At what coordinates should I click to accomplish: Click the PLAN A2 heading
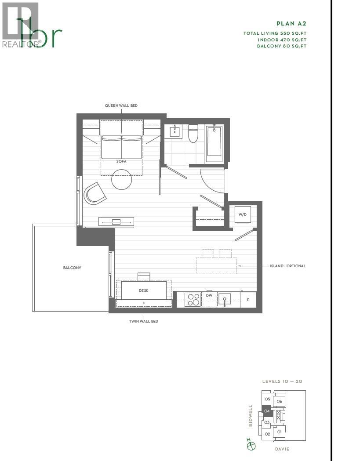pyautogui.click(x=291, y=24)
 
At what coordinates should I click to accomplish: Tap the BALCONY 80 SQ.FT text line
pyautogui.click(x=281, y=46)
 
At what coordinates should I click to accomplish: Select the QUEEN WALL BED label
pyautogui.click(x=121, y=105)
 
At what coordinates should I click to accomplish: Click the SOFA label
pyautogui.click(x=121, y=161)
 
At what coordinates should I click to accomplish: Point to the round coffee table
pyautogui.click(x=122, y=179)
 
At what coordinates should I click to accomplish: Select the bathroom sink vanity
pyautogui.click(x=175, y=131)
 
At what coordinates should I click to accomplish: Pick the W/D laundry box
pyautogui.click(x=242, y=214)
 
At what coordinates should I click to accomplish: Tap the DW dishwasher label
pyautogui.click(x=209, y=296)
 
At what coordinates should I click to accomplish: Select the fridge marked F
pyautogui.click(x=248, y=299)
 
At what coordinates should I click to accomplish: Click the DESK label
pyautogui.click(x=144, y=290)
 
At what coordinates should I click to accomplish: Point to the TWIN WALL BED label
pyautogui.click(x=143, y=321)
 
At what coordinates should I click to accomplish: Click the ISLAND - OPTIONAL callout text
pyautogui.click(x=287, y=266)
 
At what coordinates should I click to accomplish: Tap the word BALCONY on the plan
pyautogui.click(x=72, y=268)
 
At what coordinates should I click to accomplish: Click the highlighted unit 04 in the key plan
pyautogui.click(x=267, y=411)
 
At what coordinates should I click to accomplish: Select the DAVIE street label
pyautogui.click(x=282, y=449)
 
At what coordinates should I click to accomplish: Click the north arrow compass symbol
pyautogui.click(x=251, y=445)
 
